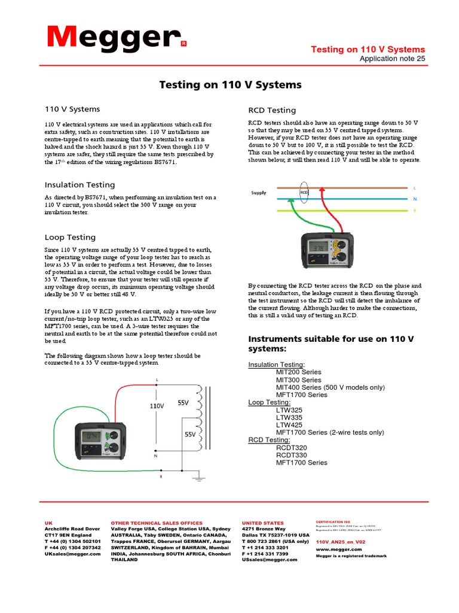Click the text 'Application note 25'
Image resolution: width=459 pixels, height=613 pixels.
pyautogui.click(x=392, y=59)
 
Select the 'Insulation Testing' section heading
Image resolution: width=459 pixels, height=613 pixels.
pyautogui.click(x=80, y=185)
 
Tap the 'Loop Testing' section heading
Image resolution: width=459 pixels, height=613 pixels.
pyautogui.click(x=70, y=237)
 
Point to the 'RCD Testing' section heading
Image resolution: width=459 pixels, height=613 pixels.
pyautogui.click(x=272, y=110)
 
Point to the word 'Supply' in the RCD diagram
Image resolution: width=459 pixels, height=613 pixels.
pyautogui.click(x=259, y=193)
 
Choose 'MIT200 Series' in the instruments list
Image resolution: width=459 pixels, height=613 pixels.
pyautogui.click(x=298, y=372)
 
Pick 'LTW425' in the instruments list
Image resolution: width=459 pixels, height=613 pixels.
pyautogui.click(x=289, y=424)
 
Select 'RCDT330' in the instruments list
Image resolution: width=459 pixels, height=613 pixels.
pyautogui.click(x=292, y=455)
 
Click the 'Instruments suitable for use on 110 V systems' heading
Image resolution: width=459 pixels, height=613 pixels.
pyautogui.click(x=331, y=344)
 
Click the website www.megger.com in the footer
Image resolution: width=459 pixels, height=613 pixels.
pyautogui.click(x=338, y=549)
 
